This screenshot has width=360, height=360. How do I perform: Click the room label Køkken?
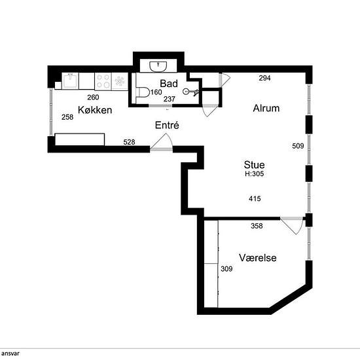[95, 110]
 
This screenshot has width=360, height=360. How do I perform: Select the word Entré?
[167, 125]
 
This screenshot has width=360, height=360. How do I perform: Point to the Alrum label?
[266, 109]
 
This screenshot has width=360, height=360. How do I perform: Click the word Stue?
[255, 165]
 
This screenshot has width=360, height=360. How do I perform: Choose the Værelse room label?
[257, 258]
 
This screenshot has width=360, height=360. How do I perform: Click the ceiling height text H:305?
[255, 175]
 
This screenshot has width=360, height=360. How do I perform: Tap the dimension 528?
[130, 141]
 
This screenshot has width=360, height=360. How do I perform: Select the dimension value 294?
[264, 78]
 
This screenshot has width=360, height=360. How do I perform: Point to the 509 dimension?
[298, 147]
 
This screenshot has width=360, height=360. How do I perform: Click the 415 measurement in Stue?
[255, 198]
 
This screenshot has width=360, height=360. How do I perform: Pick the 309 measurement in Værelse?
[226, 269]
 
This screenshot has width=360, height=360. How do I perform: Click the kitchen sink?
[71, 81]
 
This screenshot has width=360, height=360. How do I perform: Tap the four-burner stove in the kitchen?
[103, 81]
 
